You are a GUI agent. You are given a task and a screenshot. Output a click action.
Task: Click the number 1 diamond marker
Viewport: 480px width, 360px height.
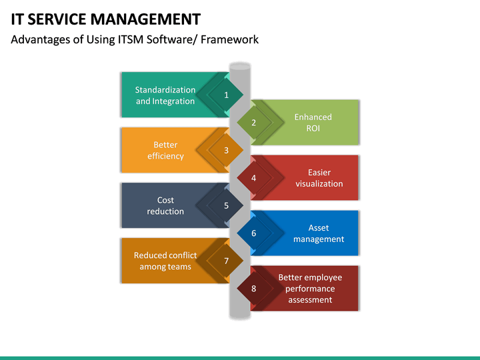tap(226, 95)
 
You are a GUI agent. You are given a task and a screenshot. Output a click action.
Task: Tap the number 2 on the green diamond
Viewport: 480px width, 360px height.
tap(254, 123)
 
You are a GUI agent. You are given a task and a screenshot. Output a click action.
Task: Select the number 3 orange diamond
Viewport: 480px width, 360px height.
tap(226, 151)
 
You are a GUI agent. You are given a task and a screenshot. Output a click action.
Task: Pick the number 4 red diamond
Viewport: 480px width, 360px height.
tap(254, 178)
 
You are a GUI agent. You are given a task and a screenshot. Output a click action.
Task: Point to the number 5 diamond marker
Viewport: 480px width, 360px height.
tap(226, 206)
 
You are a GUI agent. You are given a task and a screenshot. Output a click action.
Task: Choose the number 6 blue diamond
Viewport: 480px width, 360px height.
tap(254, 233)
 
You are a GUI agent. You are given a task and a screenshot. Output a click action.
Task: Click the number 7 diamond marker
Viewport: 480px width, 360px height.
tap(226, 261)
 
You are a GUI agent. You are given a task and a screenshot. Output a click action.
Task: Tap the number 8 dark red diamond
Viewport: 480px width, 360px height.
tap(254, 289)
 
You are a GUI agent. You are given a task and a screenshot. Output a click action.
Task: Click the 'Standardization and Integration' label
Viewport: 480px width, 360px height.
tap(165, 95)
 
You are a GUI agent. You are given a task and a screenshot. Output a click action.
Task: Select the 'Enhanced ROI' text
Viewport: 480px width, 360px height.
tap(313, 123)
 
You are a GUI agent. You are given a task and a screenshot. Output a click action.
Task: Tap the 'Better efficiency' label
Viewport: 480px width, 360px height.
tap(165, 151)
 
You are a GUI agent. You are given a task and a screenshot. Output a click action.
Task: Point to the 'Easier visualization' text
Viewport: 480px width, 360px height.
tap(319, 178)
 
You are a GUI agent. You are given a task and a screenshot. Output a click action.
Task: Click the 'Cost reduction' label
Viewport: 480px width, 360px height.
tap(165, 206)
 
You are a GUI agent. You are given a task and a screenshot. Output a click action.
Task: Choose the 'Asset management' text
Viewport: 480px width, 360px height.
tap(319, 233)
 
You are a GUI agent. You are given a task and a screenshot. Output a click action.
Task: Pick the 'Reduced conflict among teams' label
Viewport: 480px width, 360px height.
tap(165, 261)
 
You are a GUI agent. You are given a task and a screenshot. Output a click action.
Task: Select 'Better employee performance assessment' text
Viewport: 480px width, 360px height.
tap(310, 289)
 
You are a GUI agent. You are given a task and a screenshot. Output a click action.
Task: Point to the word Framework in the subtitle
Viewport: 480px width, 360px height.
tap(230, 40)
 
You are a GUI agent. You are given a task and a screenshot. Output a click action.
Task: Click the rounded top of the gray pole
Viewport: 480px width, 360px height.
tap(239, 66)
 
